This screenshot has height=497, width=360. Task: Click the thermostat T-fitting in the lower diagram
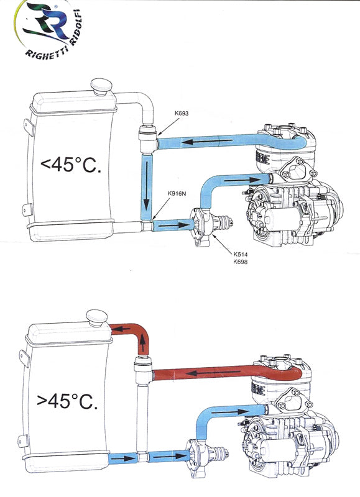coord(142,373)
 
